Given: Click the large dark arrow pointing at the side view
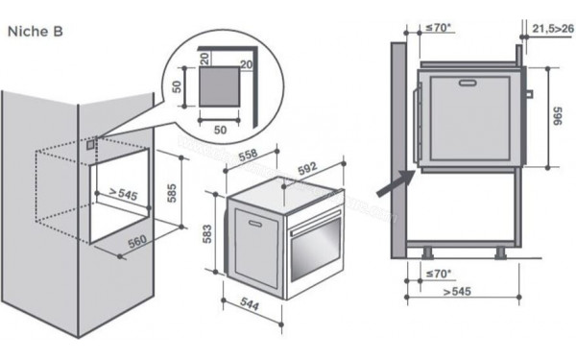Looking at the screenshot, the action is click(x=393, y=184).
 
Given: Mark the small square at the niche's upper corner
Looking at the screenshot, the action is click(x=90, y=146).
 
